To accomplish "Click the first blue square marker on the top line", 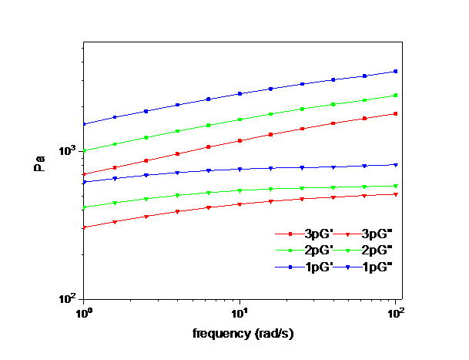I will (84, 124).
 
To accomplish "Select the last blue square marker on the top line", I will (396, 71).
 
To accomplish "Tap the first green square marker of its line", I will (84, 150).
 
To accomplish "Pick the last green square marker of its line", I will (396, 95).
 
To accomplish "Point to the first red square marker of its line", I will (84, 174).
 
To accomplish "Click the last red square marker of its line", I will (396, 113).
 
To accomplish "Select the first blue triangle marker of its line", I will (84, 182).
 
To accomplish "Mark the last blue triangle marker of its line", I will (396, 165).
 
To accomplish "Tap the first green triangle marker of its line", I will (84, 207).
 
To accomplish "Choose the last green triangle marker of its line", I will (396, 186).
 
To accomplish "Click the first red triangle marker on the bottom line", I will (84, 227).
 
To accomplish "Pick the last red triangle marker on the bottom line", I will (396, 194).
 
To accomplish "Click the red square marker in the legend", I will (290, 234).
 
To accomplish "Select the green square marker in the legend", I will (290, 251).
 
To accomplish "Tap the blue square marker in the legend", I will (290, 267).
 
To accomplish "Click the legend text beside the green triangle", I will (379, 251).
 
